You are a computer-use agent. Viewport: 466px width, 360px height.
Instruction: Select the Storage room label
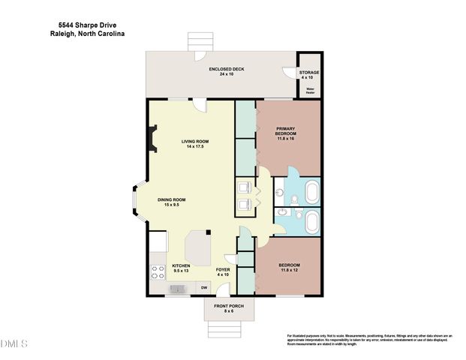(309, 74)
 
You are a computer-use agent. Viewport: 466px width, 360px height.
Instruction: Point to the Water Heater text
(310, 91)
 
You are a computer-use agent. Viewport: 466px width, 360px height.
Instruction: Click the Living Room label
(195, 143)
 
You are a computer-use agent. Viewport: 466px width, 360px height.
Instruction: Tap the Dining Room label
(171, 202)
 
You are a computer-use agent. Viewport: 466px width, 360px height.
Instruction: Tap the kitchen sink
(178, 287)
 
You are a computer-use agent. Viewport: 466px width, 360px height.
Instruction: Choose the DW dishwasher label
(204, 286)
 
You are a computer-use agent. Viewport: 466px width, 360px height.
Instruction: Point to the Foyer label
(223, 271)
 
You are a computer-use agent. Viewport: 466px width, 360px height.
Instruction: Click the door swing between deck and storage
(288, 73)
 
